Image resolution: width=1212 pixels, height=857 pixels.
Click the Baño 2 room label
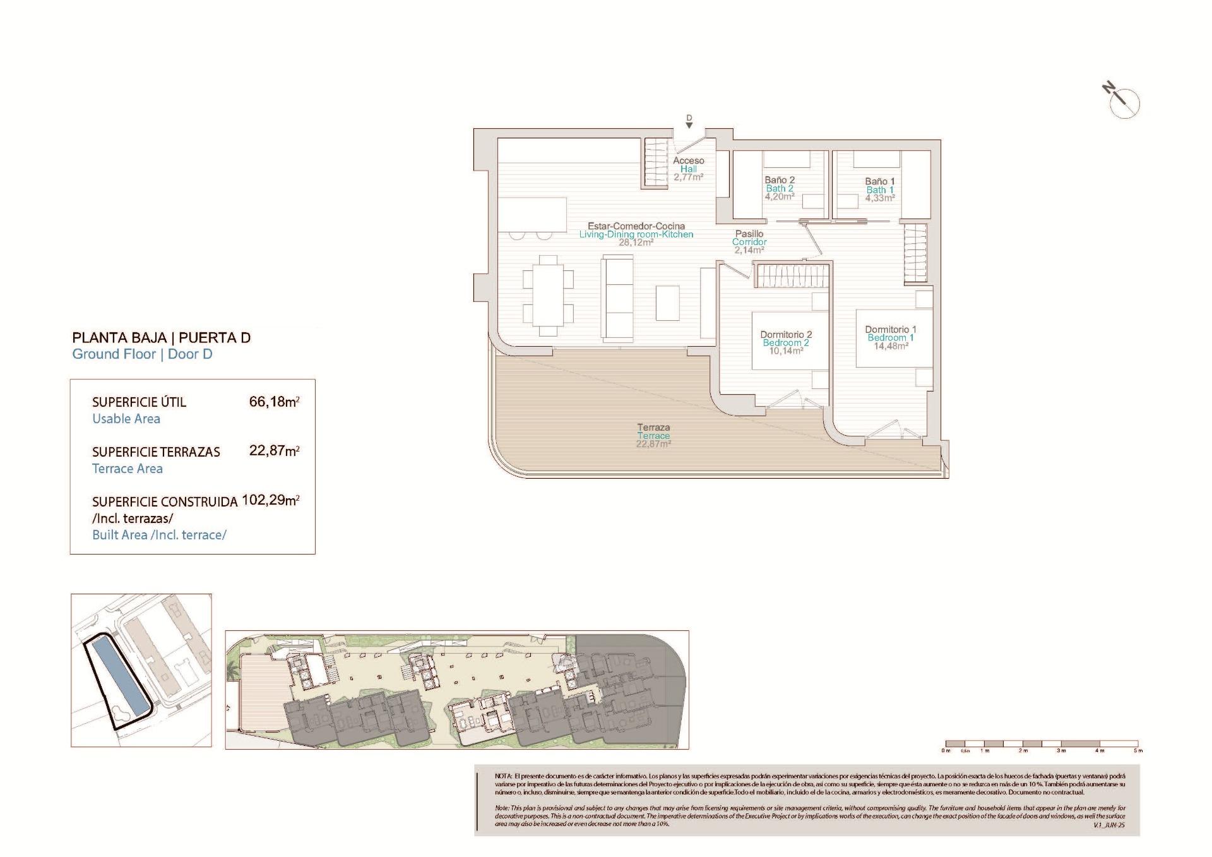(x=780, y=180)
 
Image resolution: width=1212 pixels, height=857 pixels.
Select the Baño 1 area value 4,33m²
(x=880, y=198)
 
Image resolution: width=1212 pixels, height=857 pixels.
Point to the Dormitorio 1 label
(x=890, y=329)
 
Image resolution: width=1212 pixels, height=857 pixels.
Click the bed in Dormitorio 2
(x=789, y=341)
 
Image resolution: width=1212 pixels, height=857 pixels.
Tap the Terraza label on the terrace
(x=653, y=428)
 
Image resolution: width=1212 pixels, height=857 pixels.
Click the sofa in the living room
(x=619, y=296)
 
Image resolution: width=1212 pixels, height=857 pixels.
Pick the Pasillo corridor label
(x=749, y=234)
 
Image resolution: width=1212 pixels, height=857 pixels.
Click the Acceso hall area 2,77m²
(x=688, y=177)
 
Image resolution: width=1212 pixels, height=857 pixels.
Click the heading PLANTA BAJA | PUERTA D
(x=162, y=337)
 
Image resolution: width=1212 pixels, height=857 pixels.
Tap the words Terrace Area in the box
(x=128, y=469)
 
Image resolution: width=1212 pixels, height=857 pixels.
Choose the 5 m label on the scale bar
(x=1138, y=750)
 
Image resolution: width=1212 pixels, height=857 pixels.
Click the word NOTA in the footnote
(x=503, y=776)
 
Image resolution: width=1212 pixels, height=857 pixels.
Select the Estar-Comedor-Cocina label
(x=636, y=225)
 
